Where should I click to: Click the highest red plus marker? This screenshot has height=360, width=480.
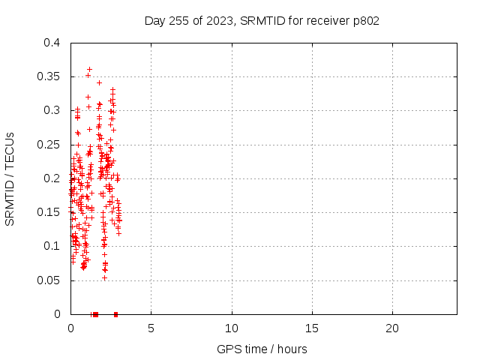[90, 70]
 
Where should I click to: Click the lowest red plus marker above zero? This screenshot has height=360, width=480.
[105, 278]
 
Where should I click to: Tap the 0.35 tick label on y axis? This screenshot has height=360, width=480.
[48, 76]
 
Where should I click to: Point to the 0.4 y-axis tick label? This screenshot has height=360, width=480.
[52, 43]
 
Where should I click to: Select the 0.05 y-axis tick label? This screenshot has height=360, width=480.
[48, 280]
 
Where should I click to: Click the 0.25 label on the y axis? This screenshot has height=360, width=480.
[48, 145]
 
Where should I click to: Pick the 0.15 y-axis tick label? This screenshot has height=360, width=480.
[48, 212]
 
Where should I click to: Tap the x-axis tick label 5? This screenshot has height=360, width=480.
[151, 328]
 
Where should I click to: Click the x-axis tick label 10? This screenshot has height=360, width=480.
[232, 328]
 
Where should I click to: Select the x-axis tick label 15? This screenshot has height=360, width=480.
[312, 328]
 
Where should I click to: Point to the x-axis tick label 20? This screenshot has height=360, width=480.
[392, 328]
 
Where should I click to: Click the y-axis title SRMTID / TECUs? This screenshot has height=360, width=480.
[10, 179]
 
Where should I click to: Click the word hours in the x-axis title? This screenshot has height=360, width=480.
[292, 349]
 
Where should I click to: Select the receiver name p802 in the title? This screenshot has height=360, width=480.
[366, 21]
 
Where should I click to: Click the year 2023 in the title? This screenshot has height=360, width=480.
[220, 20]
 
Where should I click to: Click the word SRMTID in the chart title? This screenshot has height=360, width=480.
[262, 20]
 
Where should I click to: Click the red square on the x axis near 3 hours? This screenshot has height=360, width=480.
[115, 314]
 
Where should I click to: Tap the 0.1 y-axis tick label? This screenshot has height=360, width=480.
[52, 246]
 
